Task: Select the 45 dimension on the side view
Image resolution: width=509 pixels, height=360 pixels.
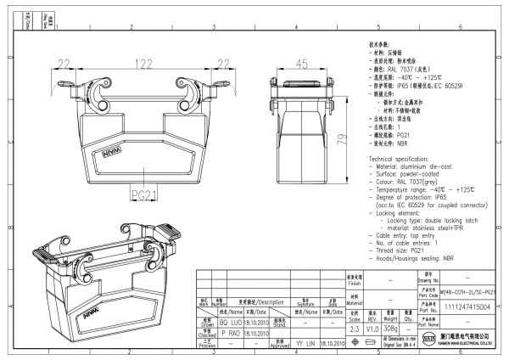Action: pyautogui.click(x=301, y=64)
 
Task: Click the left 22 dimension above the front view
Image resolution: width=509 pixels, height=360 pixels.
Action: pyautogui.click(x=64, y=64)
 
